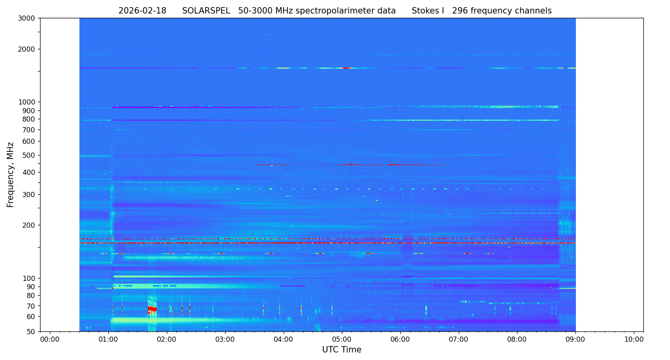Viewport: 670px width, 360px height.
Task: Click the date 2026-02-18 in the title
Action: tap(142, 11)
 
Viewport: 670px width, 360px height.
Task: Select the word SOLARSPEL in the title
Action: tap(206, 11)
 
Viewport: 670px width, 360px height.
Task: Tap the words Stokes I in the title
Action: tap(428, 11)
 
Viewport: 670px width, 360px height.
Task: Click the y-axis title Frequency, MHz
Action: tap(11, 175)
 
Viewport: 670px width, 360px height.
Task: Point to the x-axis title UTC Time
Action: tap(342, 350)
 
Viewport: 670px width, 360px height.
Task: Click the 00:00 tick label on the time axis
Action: tap(50, 340)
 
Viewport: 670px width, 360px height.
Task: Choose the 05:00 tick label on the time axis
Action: tap(342, 340)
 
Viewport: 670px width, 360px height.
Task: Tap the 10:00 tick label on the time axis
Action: tap(634, 340)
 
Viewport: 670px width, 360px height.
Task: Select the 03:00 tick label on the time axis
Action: tap(225, 340)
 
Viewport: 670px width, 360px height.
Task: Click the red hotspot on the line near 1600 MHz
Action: tap(346, 68)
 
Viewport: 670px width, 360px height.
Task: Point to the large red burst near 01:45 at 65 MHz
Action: tap(152, 309)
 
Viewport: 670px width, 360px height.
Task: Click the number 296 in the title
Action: tap(460, 11)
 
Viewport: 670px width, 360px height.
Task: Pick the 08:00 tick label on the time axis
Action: tap(517, 340)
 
